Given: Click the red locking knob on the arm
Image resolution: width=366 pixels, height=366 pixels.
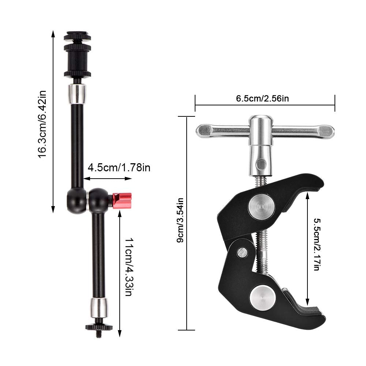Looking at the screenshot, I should (122, 201).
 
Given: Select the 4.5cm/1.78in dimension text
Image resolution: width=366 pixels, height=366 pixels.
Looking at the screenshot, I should (119, 168).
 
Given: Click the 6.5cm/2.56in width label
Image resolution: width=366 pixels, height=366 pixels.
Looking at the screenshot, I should (264, 98).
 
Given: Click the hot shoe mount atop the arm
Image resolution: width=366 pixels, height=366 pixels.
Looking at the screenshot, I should (77, 55).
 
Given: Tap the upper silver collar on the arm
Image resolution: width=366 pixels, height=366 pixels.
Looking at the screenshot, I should (77, 94).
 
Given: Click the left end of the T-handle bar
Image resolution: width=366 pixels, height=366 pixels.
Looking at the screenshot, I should (205, 130).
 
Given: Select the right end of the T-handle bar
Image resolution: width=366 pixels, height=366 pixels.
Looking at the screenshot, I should (326, 130).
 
